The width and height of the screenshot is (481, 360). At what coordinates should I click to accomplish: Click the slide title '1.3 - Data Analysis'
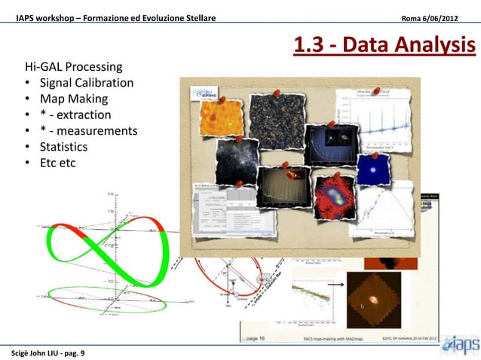point(384,47)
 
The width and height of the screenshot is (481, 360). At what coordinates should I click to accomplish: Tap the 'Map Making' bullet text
point(73,99)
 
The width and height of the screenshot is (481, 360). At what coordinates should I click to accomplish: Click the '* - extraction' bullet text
point(75,114)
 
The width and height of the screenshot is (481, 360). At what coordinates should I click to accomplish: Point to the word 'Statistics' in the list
point(63,146)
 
